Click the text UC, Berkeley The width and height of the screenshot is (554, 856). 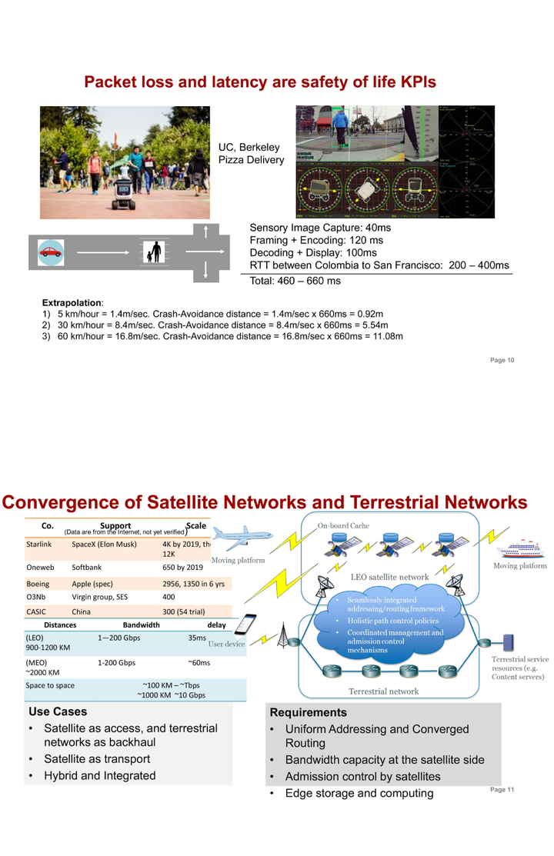tap(249, 147)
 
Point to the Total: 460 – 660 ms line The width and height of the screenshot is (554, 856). tap(295, 281)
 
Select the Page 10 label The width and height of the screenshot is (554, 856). tap(502, 361)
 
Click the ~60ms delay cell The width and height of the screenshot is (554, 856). tap(199, 663)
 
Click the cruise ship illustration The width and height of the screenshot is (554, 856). tap(522, 549)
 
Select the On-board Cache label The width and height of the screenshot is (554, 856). tap(344, 525)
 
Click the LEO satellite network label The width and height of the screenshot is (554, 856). tap(389, 577)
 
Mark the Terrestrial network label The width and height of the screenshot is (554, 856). tap(384, 691)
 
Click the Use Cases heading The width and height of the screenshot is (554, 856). tap(58, 712)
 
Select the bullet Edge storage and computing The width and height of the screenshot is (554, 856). tap(359, 793)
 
